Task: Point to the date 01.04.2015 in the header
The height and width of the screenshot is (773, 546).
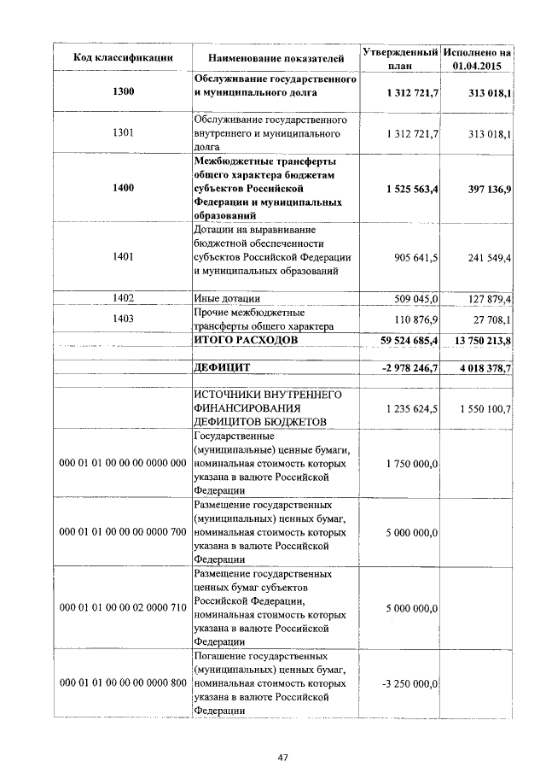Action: [477, 66]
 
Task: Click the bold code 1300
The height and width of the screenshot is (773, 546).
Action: [121, 91]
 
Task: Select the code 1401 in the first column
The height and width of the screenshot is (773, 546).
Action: [121, 256]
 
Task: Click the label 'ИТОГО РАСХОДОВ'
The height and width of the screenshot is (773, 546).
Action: [247, 340]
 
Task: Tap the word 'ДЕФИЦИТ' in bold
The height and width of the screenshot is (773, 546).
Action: [227, 367]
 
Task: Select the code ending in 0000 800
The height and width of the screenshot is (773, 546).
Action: [121, 684]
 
